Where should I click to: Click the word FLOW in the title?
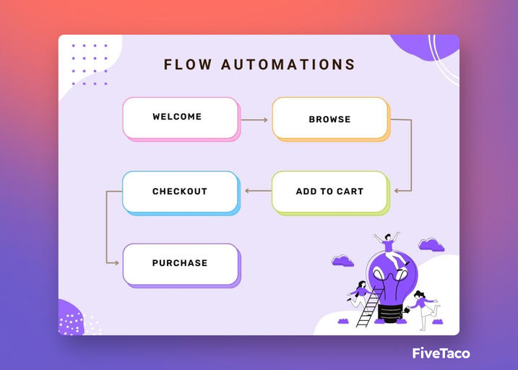pos(188,64)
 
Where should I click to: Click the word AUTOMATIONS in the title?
pos(288,64)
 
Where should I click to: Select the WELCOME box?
pos(181,119)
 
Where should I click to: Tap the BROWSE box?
pos(331,119)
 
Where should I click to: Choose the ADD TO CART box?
pos(331,193)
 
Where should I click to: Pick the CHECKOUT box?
pos(181,193)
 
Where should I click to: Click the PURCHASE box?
pos(181,266)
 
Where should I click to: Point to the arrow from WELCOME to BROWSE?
pos(254,120)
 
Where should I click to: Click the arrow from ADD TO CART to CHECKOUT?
pos(258,191)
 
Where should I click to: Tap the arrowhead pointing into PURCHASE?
pos(116,263)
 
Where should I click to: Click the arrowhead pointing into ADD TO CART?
pos(397,191)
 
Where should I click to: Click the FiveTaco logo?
pos(441,353)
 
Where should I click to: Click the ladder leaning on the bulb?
pos(370,307)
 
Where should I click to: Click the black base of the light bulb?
pos(390,312)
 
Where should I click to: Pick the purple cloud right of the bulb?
pos(431,245)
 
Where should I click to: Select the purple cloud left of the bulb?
pos(342,261)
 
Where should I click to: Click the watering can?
pos(407,310)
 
